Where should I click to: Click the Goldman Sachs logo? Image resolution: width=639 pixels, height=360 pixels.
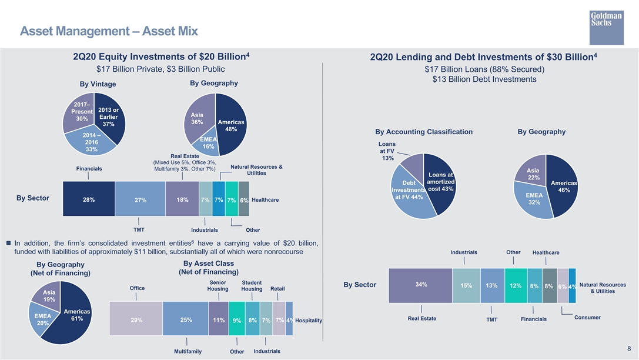click(607, 28)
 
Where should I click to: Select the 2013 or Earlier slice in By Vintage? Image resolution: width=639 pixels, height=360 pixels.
click(110, 118)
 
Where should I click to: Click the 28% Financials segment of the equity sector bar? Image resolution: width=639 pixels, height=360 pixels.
click(89, 199)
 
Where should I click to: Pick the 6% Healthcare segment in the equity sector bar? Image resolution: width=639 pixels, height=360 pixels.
click(244, 199)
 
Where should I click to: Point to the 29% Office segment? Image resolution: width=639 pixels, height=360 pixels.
click(136, 318)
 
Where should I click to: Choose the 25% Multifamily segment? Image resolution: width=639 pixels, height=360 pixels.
click(185, 318)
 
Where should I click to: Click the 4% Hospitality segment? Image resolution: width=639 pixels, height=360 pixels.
click(289, 318)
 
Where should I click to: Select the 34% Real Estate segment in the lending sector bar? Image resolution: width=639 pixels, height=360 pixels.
click(420, 285)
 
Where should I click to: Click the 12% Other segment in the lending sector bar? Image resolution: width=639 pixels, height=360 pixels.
click(516, 285)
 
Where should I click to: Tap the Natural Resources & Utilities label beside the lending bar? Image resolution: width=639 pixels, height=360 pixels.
click(603, 288)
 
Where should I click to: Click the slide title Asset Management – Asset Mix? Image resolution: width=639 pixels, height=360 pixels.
click(109, 31)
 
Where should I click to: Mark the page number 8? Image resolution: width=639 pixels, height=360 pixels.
click(629, 349)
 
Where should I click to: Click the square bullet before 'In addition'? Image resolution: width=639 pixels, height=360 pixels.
click(8, 243)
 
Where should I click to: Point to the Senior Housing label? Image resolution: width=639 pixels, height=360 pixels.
click(218, 285)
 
